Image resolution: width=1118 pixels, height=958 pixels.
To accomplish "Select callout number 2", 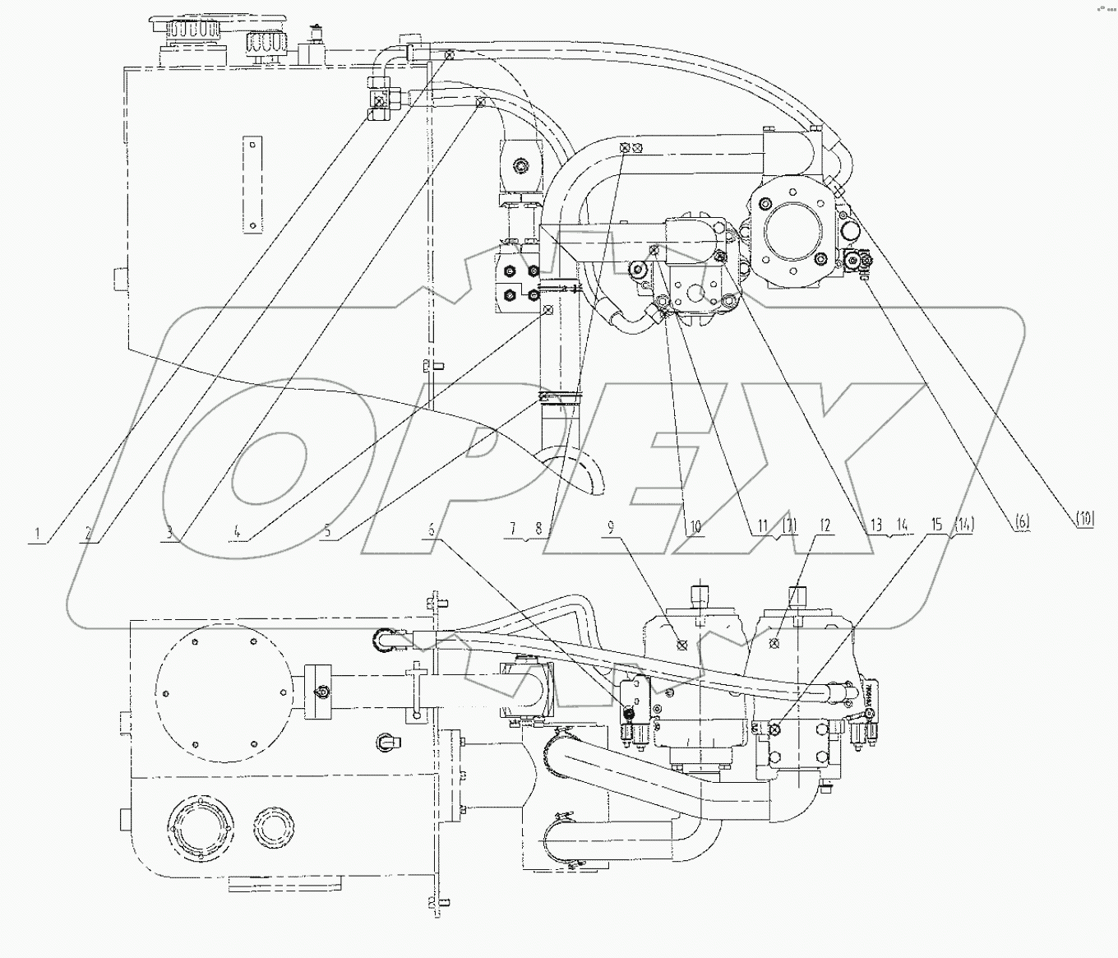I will pyautogui.click(x=86, y=533).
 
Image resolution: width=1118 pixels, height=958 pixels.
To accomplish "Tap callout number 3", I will pyautogui.click(x=169, y=533).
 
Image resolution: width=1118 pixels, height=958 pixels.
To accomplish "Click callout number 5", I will pyautogui.click(x=327, y=532).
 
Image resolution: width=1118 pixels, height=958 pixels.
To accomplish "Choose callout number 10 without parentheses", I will pyautogui.click(x=694, y=527).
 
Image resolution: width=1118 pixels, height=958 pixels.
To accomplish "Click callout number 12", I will pyautogui.click(x=825, y=525).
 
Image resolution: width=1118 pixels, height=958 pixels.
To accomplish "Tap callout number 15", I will pyautogui.click(x=936, y=525).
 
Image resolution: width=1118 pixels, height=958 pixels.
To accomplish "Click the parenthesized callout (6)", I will pyautogui.click(x=1022, y=521).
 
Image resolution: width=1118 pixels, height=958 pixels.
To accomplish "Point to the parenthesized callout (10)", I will pyautogui.click(x=1085, y=518).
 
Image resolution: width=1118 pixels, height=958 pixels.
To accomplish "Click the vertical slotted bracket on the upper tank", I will pyautogui.click(x=253, y=185).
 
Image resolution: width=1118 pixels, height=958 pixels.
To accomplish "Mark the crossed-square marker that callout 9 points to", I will pyautogui.click(x=681, y=644).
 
